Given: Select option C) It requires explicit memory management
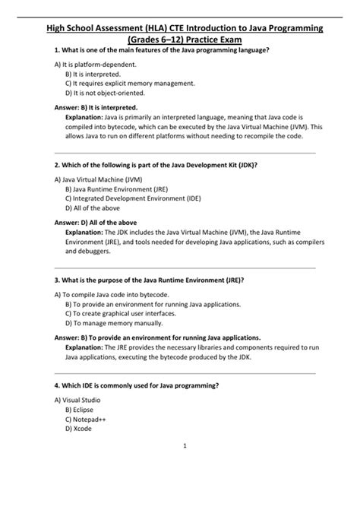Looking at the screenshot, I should pyautogui.click(x=130, y=84).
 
